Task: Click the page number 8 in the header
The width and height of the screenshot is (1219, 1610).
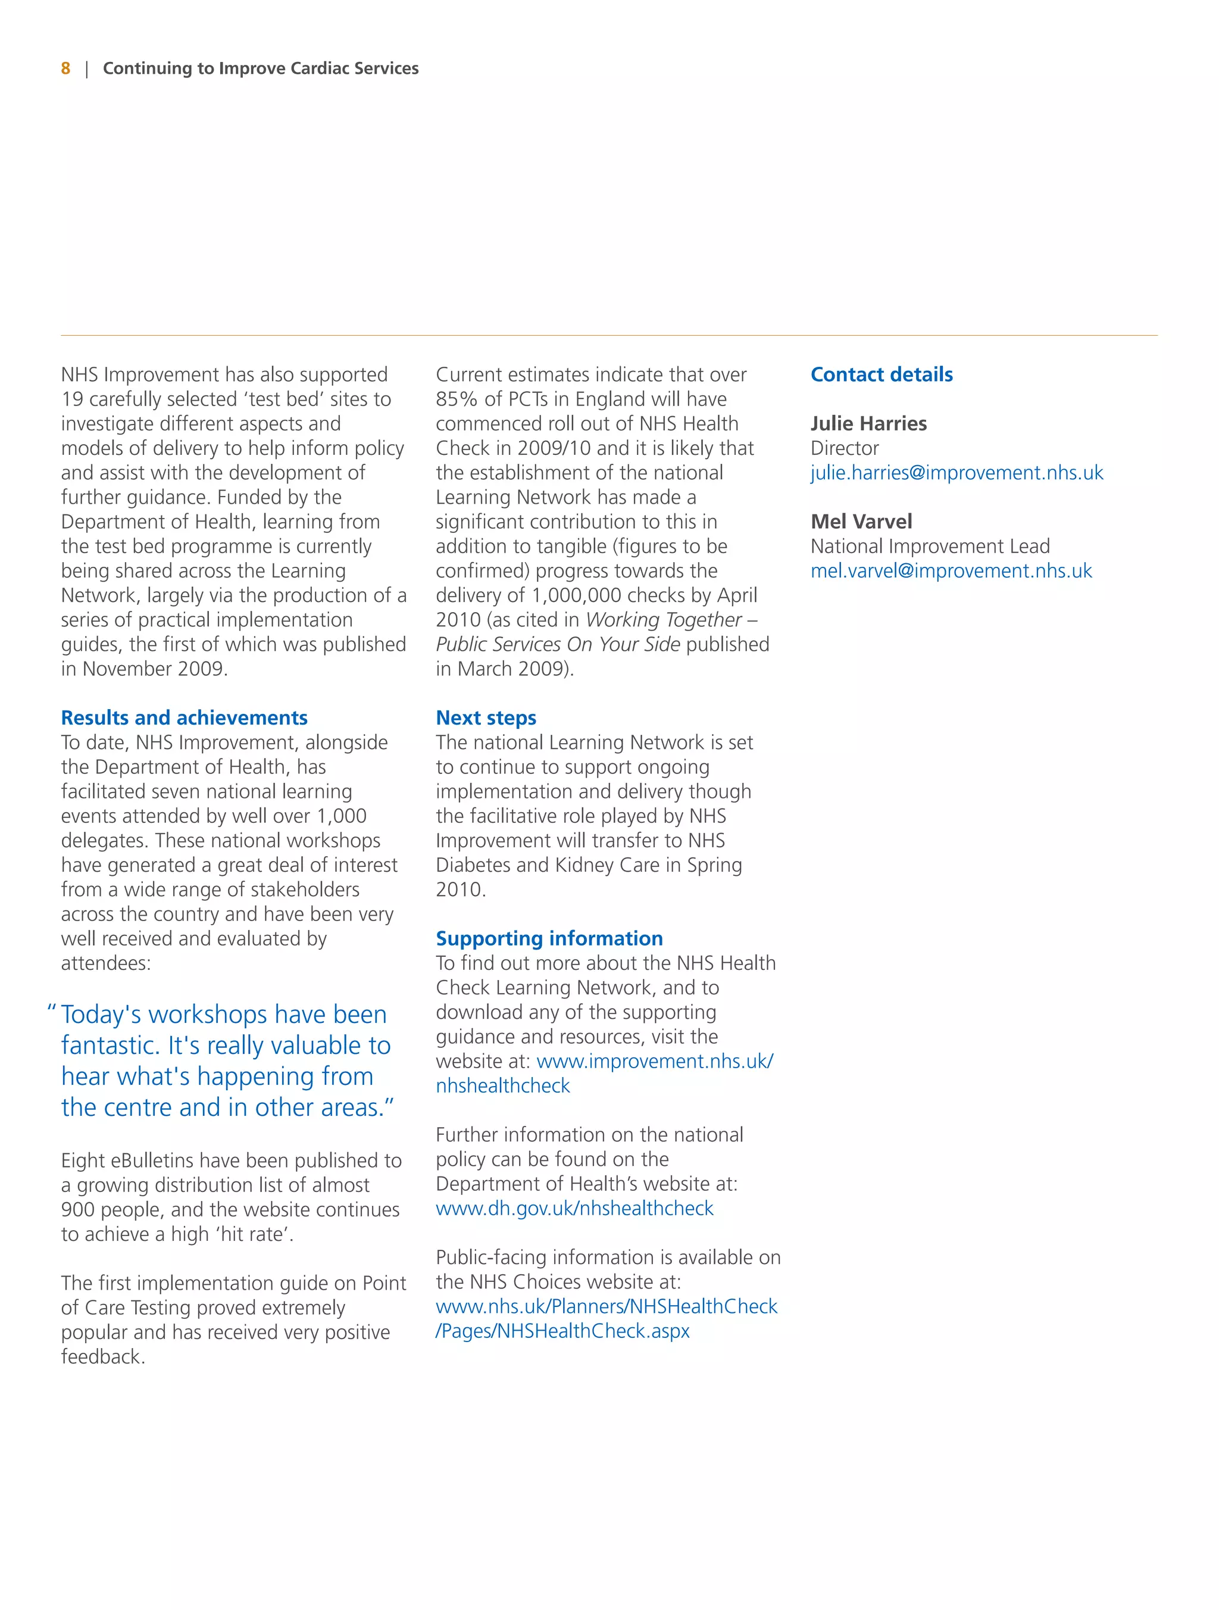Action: (65, 68)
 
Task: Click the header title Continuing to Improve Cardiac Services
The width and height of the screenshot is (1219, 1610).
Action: (261, 68)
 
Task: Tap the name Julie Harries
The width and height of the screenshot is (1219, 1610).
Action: (868, 423)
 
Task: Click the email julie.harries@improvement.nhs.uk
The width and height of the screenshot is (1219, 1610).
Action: (957, 473)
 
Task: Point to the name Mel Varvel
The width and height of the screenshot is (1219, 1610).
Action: (861, 522)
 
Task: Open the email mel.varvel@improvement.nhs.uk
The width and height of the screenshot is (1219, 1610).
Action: (951, 572)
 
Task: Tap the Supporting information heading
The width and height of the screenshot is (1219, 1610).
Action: (549, 938)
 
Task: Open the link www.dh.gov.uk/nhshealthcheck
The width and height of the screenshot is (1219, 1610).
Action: (574, 1208)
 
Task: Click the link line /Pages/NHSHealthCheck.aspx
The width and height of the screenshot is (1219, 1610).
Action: (562, 1331)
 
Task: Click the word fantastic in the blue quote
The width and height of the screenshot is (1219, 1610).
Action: (109, 1046)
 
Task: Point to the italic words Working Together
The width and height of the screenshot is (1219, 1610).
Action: (663, 620)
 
